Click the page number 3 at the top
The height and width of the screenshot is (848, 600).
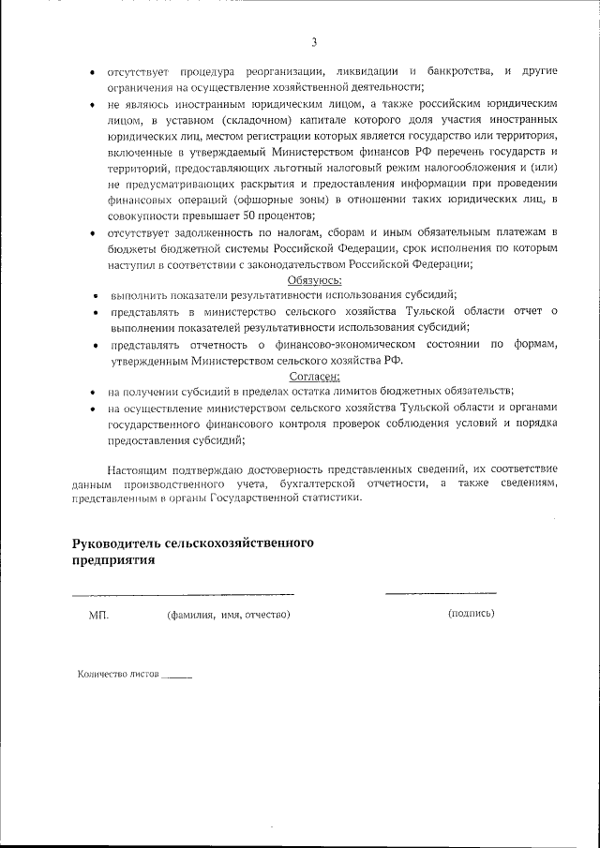pyautogui.click(x=314, y=41)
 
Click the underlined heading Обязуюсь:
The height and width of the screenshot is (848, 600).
pyautogui.click(x=314, y=279)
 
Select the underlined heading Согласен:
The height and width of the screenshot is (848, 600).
pyautogui.click(x=314, y=376)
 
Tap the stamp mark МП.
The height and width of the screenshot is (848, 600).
pyautogui.click(x=98, y=615)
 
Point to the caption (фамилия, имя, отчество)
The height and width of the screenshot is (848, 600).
pyautogui.click(x=228, y=615)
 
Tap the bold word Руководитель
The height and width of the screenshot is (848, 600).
pyautogui.click(x=115, y=543)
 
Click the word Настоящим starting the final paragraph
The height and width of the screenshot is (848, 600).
pyautogui.click(x=137, y=468)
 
